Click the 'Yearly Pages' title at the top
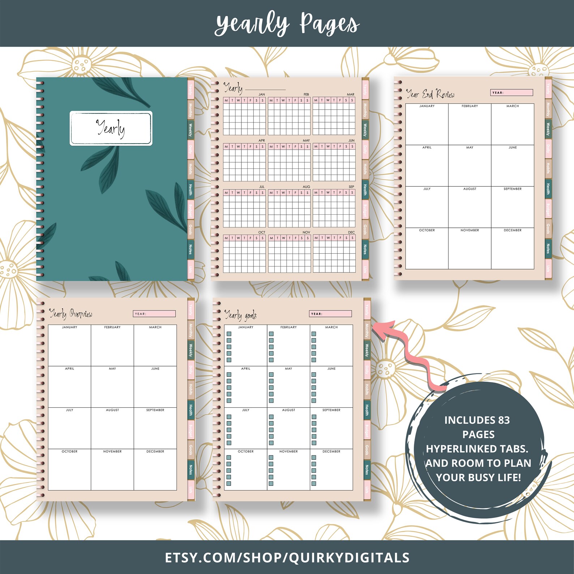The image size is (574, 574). click(287, 24)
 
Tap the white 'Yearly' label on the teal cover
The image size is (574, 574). click(111, 128)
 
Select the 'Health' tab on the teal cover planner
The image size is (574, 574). click(190, 189)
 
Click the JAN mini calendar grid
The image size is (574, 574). click(244, 116)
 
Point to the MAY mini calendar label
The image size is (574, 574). click(306, 141)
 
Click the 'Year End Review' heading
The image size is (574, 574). click(430, 94)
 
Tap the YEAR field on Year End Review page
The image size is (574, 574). click(511, 93)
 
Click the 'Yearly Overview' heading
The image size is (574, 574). click(71, 313)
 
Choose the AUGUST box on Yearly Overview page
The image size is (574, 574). click(112, 428)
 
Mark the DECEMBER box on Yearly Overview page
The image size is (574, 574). click(155, 470)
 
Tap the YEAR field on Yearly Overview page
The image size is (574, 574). click(154, 314)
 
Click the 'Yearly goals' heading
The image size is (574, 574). click(241, 315)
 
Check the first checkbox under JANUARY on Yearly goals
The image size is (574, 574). click(229, 334)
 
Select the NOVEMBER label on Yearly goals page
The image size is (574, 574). click(288, 451)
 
